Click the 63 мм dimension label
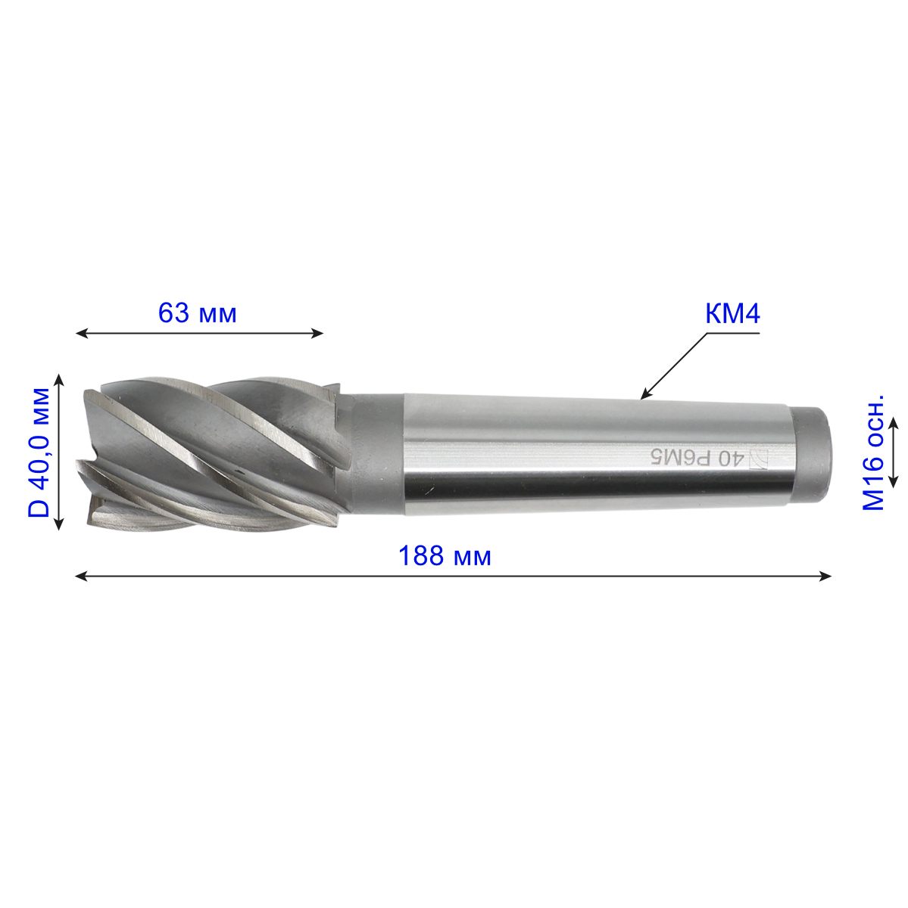[197, 313]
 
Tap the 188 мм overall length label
[445, 556]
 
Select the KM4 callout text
[732, 313]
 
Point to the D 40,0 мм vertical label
[39, 452]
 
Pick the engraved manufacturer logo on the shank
[757, 459]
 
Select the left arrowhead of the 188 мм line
[81, 576]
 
